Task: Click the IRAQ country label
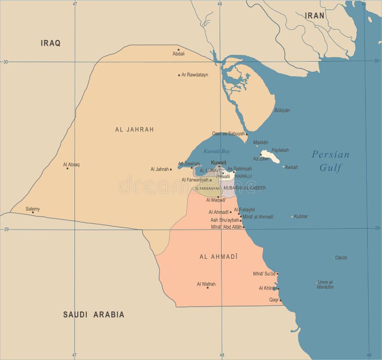(x=51, y=43)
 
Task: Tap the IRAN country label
(x=315, y=15)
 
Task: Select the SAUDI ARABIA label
(x=94, y=314)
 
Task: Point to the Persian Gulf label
(x=330, y=161)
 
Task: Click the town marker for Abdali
(x=179, y=50)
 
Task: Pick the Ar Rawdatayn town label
(x=195, y=75)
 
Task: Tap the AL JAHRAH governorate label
(x=134, y=129)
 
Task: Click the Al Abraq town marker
(x=67, y=168)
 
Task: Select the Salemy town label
(x=32, y=209)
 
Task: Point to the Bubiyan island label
(x=282, y=110)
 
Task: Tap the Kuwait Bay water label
(x=217, y=151)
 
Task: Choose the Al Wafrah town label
(x=206, y=284)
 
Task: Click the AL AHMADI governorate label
(x=218, y=256)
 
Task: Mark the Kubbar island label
(x=301, y=216)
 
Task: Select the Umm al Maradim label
(x=325, y=284)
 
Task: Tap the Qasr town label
(x=274, y=300)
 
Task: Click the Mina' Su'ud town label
(x=264, y=274)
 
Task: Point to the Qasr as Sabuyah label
(x=228, y=134)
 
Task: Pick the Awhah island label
(x=291, y=167)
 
